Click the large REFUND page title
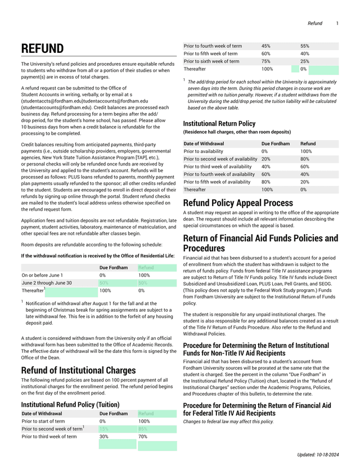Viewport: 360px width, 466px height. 42,49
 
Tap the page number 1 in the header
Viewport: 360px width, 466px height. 337,23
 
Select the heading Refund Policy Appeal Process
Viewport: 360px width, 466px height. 238,203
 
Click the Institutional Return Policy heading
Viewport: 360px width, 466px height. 219,123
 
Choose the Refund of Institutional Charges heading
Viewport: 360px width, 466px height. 78,370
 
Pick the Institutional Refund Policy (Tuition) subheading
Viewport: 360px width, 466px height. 70,404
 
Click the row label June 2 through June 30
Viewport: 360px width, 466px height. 47,283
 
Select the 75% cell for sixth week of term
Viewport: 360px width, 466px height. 266,61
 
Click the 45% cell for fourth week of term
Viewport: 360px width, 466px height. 266,46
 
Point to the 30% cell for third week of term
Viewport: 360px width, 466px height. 103,436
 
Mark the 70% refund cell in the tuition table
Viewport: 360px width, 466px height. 143,436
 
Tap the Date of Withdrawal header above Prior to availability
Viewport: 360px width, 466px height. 204,144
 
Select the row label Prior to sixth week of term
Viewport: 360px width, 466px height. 211,61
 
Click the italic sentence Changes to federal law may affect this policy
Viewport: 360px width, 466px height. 228,421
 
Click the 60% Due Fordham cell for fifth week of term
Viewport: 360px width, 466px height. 266,53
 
